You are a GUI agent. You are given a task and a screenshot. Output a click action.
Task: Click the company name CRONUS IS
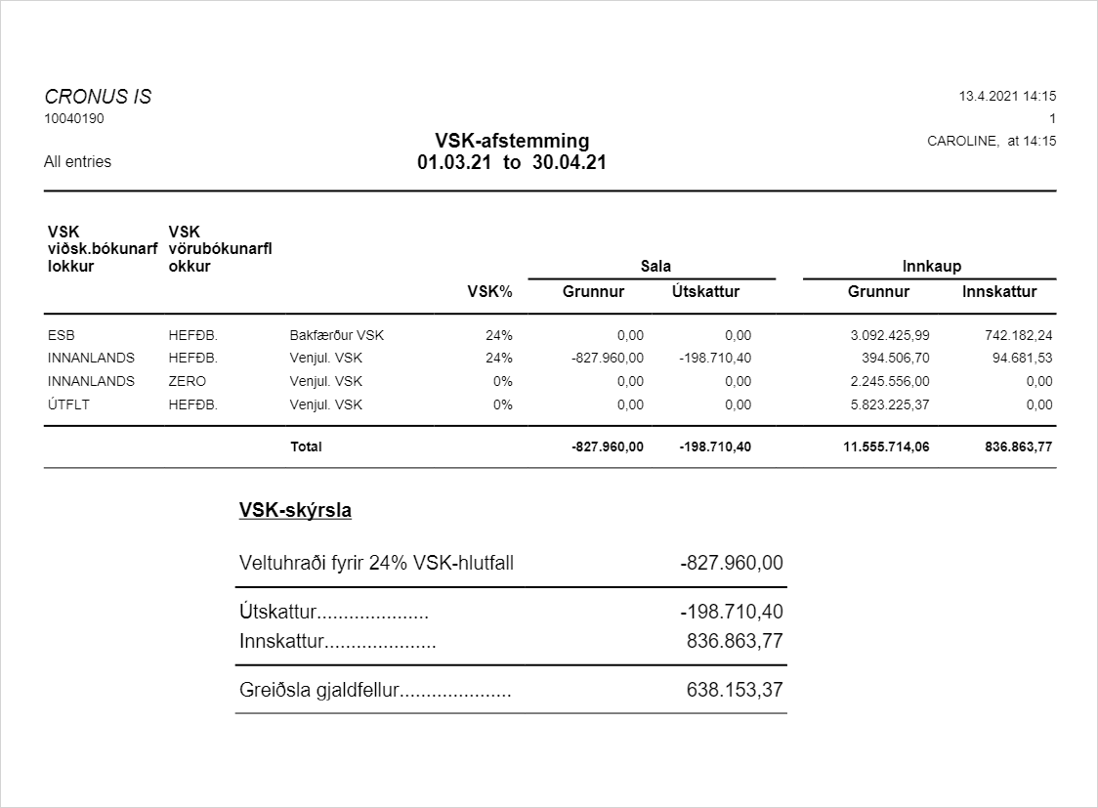coord(98,97)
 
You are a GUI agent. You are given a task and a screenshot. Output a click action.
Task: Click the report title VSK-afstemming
coord(512,141)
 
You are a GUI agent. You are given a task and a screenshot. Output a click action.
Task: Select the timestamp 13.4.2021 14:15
coord(1007,97)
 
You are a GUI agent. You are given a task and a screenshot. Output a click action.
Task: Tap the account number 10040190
coord(74,119)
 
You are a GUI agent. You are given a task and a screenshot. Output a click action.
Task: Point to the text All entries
coord(78,162)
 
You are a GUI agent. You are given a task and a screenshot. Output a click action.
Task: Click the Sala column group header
coord(655,266)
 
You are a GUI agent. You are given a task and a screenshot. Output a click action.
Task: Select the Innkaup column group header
coord(931,266)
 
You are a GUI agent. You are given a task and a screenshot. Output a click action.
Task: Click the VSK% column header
coord(490,291)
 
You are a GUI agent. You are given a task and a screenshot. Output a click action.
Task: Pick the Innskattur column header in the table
coord(999,291)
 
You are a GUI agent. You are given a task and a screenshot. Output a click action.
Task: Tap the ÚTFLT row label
coord(67,404)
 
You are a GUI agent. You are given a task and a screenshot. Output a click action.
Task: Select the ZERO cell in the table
coord(188,381)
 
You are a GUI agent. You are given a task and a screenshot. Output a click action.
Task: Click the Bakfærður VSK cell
coord(337,335)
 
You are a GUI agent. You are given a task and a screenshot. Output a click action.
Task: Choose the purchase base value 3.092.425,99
coord(890,335)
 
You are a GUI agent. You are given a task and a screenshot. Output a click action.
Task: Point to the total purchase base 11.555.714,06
coord(886,447)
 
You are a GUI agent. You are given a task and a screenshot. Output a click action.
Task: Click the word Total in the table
coord(306,447)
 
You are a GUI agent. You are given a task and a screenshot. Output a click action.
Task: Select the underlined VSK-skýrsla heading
coord(295,510)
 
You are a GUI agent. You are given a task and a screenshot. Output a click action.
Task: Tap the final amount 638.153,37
coord(735,690)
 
